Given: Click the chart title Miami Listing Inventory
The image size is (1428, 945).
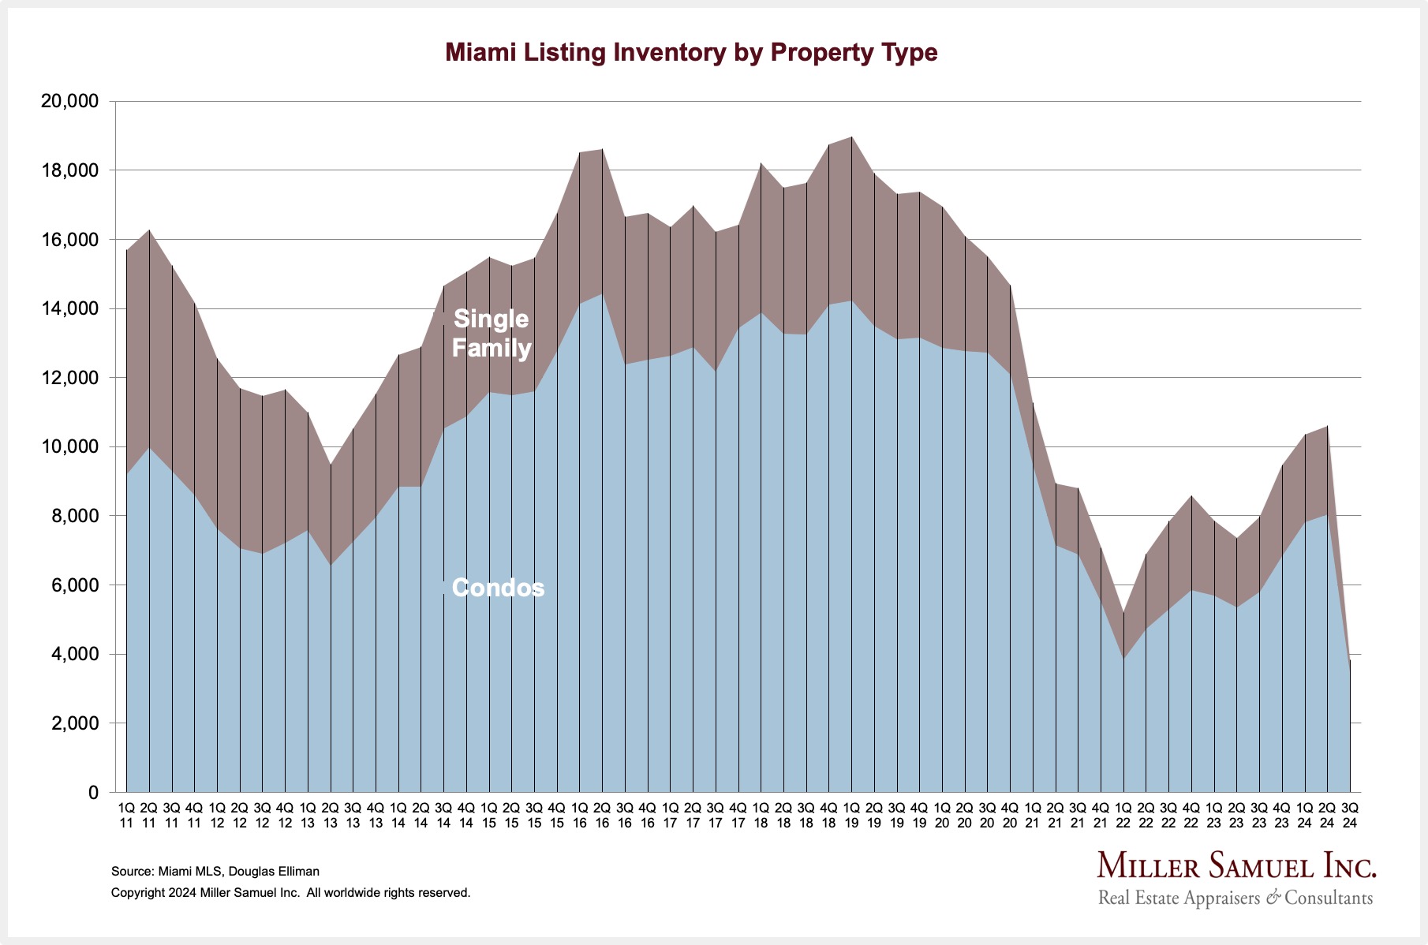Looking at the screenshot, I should pos(691,53).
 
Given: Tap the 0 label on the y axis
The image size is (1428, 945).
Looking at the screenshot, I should pos(93,793).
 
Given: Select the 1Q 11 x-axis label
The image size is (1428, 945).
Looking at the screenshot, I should pos(126,815).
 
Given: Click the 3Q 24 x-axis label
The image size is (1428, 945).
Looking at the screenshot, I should pos(1350,815).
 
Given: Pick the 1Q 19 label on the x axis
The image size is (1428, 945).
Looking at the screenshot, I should pos(851,815).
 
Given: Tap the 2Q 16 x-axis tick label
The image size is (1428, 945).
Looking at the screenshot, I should pos(602,815).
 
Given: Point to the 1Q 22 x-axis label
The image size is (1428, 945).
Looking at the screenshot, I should pos(1123,815).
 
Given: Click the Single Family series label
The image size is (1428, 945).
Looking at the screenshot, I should pos(491,333).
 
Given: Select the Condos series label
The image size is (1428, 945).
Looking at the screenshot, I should pos(498,588).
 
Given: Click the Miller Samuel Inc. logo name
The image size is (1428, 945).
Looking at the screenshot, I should pos(1236,866).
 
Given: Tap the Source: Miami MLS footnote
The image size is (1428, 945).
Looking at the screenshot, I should pos(215,872).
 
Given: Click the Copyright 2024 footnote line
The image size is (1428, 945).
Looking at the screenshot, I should pos(290,893).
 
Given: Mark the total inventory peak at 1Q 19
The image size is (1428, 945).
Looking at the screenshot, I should pos(851,137).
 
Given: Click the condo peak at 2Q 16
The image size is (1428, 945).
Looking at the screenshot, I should pos(602,294).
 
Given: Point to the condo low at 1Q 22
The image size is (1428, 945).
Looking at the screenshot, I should pos(1123,659).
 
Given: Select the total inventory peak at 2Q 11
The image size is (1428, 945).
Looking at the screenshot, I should pos(149,230).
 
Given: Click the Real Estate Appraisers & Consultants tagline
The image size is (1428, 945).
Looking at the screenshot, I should pos(1235,898).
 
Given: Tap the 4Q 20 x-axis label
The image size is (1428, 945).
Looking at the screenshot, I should pos(1010,815).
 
